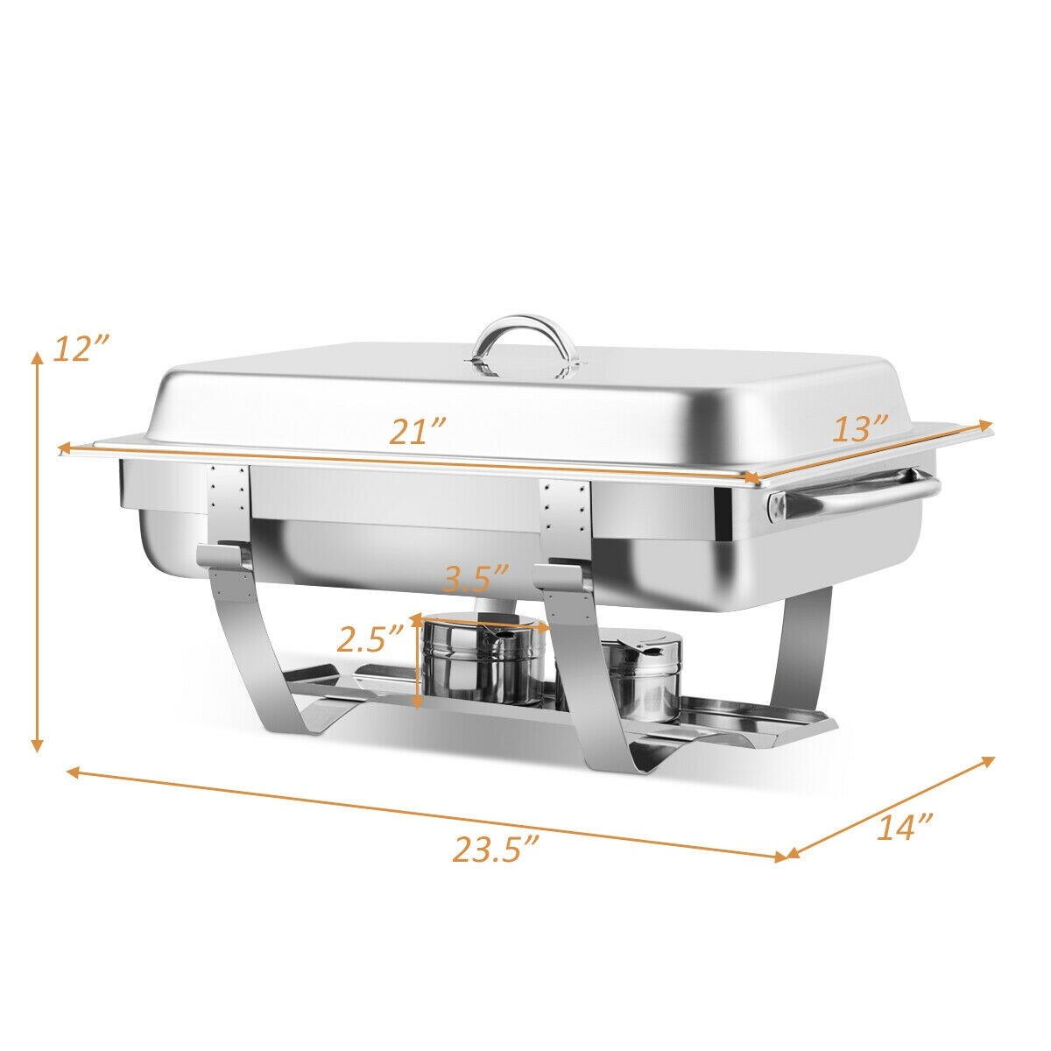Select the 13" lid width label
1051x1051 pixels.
click(x=860, y=429)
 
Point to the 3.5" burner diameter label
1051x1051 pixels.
click(x=476, y=580)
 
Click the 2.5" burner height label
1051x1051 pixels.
click(x=371, y=640)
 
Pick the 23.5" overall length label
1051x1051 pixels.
click(x=495, y=849)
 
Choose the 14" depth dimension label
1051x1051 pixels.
click(x=904, y=827)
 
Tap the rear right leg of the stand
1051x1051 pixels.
click(x=806, y=648)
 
